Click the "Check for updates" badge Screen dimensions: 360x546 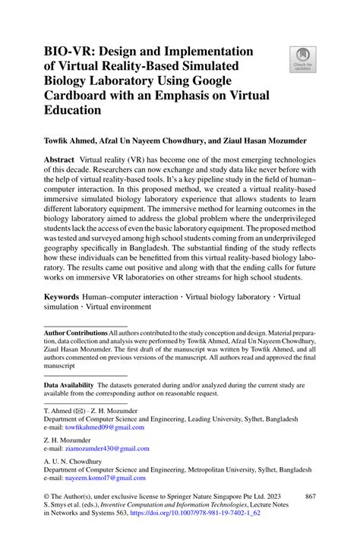click(302, 60)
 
